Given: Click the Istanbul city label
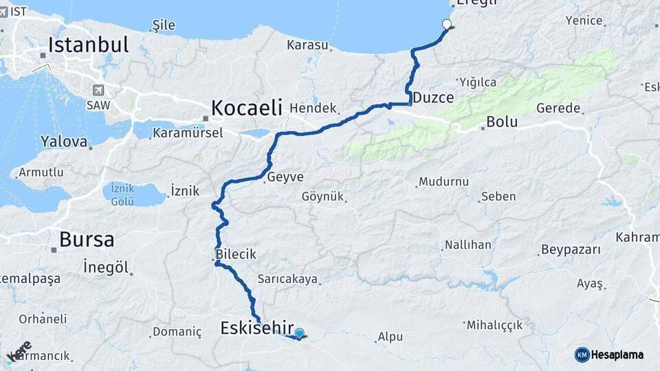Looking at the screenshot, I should pyautogui.click(x=88, y=45).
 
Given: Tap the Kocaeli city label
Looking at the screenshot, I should pyautogui.click(x=247, y=107).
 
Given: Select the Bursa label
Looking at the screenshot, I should pyautogui.click(x=87, y=239).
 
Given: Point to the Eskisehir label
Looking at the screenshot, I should pyautogui.click(x=257, y=328).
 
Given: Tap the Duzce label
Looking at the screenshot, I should pyautogui.click(x=433, y=98).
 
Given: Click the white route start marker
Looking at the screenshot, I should pyautogui.click(x=447, y=25).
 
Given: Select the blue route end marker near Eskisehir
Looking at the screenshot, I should pyautogui.click(x=299, y=334).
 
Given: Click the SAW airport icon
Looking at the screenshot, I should pyautogui.click(x=98, y=90).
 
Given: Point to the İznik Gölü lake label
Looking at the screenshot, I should pyautogui.click(x=122, y=194).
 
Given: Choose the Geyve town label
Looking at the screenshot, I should pyautogui.click(x=285, y=177).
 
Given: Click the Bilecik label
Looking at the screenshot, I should pyautogui.click(x=236, y=254).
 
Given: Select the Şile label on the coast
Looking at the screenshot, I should pyautogui.click(x=163, y=25).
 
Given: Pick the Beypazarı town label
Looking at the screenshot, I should pyautogui.click(x=571, y=249).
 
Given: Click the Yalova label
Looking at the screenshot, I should pyautogui.click(x=64, y=142).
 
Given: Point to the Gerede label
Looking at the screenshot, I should pyautogui.click(x=558, y=109).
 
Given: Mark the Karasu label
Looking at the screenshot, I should pyautogui.click(x=307, y=45).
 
